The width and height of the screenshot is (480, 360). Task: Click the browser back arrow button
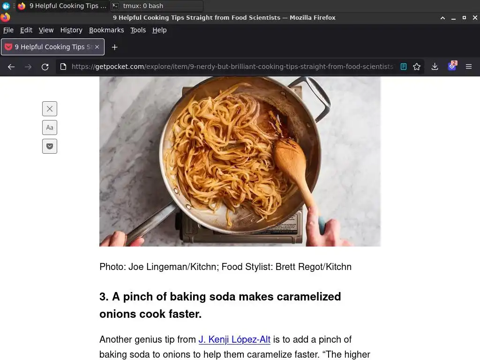point(11,67)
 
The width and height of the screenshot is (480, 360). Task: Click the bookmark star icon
point(417,67)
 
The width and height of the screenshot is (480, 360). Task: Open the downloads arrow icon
point(435,67)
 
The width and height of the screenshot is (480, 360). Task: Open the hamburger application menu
point(469,67)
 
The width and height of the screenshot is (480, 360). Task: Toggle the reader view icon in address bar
point(404,67)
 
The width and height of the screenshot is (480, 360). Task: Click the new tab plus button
point(114,47)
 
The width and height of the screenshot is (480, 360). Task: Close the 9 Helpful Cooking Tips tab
point(97,47)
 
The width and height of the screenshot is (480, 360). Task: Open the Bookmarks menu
point(106,30)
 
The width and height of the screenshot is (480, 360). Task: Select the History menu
point(71,30)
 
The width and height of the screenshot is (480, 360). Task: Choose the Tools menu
point(138,30)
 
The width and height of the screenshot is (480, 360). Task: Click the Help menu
point(159,30)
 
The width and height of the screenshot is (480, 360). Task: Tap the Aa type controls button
point(50,127)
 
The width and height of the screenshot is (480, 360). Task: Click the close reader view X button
point(50,109)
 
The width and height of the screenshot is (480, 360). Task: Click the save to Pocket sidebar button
point(50,146)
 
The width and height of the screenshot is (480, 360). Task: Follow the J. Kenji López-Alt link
point(234,339)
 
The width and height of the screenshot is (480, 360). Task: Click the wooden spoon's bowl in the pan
point(289,158)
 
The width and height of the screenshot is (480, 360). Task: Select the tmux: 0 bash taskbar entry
point(143,6)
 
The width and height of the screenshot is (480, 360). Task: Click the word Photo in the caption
point(112,267)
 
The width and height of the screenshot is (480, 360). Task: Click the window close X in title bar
point(475,18)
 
